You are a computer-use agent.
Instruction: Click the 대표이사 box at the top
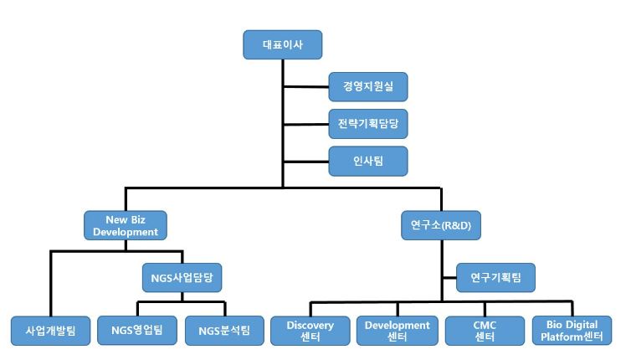point(282,44)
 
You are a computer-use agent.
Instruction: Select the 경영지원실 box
point(368,86)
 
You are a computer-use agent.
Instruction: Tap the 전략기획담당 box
point(368,124)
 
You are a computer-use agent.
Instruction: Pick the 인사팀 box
point(368,160)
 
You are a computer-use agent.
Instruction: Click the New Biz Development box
point(126,224)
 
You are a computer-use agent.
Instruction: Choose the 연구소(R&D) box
point(442,224)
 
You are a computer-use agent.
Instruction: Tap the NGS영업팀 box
point(136,331)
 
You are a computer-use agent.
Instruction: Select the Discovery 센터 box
point(310,331)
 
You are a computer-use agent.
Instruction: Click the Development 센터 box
point(398,331)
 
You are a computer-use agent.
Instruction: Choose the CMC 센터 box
point(485,331)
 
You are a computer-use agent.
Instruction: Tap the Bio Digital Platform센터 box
point(572,331)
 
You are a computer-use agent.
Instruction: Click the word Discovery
point(310,325)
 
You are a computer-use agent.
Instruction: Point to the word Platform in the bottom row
point(562,337)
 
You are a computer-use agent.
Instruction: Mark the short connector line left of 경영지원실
point(305,86)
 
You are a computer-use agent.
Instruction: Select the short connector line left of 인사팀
point(305,160)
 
